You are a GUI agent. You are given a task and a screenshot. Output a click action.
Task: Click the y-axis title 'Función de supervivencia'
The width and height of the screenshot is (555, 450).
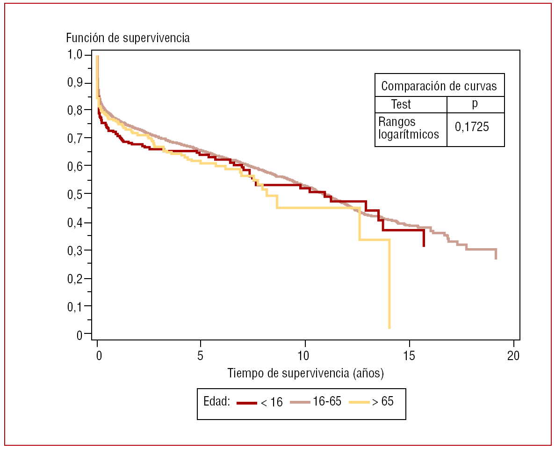click(128, 38)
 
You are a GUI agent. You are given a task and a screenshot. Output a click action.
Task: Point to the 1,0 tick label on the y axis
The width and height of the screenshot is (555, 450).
click(76, 55)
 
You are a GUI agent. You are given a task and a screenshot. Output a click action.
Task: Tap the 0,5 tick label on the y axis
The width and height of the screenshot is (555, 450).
click(76, 194)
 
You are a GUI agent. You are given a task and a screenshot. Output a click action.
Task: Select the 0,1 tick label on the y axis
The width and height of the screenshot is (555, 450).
click(76, 307)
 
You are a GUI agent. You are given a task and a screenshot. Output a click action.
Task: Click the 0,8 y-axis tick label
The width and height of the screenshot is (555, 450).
click(76, 111)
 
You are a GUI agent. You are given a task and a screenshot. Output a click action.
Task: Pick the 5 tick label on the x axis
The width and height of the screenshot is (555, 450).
click(200, 356)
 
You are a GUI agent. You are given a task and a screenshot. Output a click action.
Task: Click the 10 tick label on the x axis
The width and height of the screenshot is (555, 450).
click(304, 356)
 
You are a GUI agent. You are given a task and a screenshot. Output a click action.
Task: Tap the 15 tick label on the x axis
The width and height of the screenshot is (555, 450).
click(409, 356)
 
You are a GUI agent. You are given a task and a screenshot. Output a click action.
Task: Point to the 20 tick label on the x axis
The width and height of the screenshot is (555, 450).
click(513, 356)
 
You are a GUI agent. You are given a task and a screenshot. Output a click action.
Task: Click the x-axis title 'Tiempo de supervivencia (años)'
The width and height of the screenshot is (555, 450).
click(305, 374)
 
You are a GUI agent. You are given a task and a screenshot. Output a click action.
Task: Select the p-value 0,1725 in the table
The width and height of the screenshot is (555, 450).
click(472, 126)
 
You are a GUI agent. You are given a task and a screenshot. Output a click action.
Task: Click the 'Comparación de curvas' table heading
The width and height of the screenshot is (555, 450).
click(439, 86)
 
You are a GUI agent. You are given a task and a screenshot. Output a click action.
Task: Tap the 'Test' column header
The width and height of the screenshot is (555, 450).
click(401, 104)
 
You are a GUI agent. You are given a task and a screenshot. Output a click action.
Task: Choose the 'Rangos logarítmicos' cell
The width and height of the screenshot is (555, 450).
click(408, 128)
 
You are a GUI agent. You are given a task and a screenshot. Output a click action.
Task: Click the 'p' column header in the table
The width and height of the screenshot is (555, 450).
click(475, 103)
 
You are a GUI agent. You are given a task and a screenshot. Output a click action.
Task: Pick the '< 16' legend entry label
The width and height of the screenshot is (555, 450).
click(272, 402)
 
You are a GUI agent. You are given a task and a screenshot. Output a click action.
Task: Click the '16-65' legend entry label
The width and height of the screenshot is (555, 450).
click(327, 401)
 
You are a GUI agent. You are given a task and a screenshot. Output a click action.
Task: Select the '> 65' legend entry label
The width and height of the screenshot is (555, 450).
click(382, 401)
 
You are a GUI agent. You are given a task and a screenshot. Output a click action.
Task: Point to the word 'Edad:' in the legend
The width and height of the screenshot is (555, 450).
click(217, 401)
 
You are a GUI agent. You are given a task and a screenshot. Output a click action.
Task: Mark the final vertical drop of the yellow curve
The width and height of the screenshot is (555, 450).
click(389, 284)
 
